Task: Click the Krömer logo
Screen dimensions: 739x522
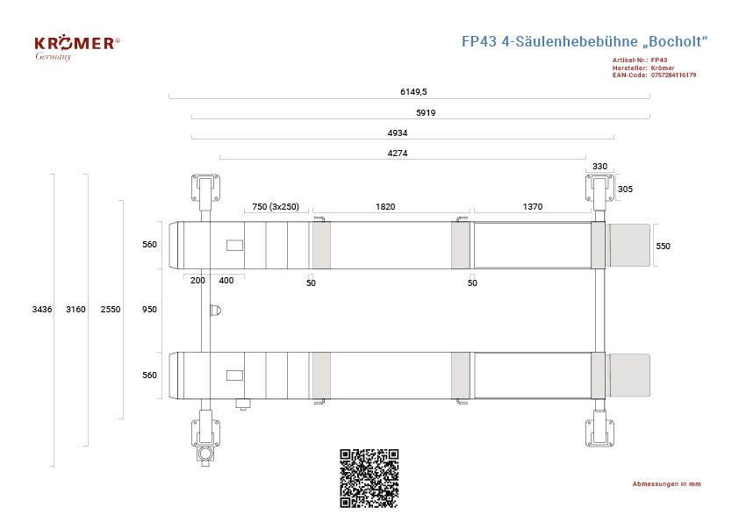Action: (77, 48)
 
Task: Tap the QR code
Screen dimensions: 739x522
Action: (369, 478)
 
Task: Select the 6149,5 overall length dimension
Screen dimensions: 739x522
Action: (413, 91)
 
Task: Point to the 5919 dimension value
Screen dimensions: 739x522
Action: (426, 112)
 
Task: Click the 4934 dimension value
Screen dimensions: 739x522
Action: (398, 132)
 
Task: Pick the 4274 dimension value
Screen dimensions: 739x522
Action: (398, 154)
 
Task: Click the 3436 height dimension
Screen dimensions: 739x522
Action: (42, 309)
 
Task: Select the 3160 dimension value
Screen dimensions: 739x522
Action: (75, 309)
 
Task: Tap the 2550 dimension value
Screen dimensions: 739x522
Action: (111, 309)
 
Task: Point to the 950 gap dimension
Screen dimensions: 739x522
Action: (149, 309)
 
